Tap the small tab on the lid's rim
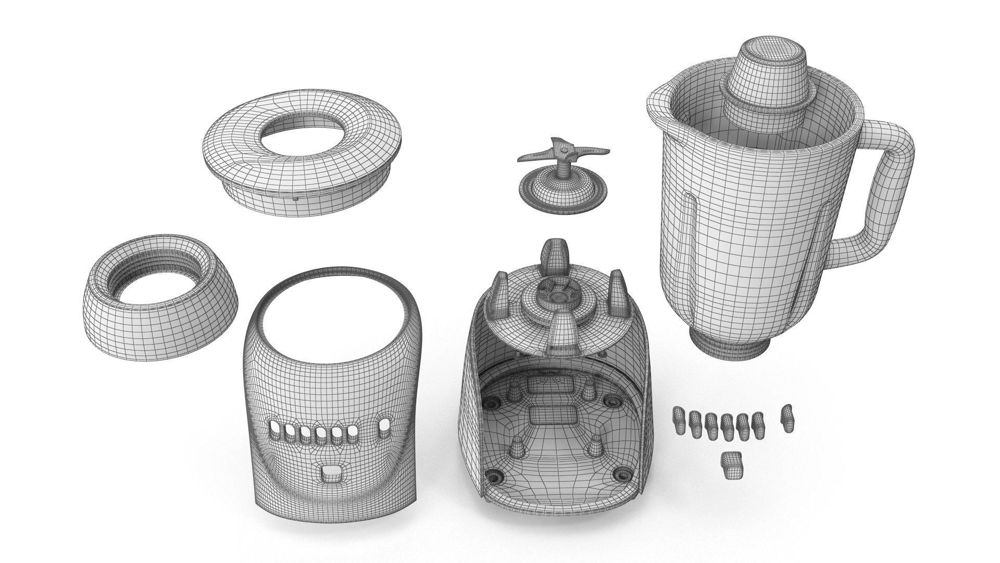click(295, 198)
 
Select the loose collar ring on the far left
click(161, 292)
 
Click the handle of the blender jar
click(885, 193)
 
